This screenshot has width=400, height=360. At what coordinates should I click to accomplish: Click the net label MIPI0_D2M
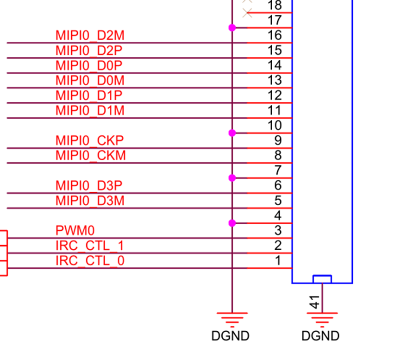pos(90,35)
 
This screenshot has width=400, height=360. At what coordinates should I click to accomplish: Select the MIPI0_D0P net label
pos(90,65)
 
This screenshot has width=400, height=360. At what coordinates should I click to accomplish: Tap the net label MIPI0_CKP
pos(90,140)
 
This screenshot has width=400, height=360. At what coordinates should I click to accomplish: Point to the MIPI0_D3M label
pos(90,201)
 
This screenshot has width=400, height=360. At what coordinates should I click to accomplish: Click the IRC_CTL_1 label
pos(90,246)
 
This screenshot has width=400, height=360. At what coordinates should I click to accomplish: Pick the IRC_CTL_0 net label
pos(90,261)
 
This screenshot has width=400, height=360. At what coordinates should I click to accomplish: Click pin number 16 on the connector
pos(275,35)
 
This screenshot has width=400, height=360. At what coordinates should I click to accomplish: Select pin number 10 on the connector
pos(275,125)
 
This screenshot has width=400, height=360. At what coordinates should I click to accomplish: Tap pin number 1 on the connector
pos(278,261)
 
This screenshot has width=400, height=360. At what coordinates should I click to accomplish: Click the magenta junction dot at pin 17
pos(232,28)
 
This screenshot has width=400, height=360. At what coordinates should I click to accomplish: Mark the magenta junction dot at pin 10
pos(232,133)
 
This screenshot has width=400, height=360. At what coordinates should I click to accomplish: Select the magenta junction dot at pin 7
pos(232,178)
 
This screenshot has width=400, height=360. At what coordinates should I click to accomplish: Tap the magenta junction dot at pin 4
pos(232,223)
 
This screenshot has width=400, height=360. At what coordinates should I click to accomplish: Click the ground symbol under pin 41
pos(322,318)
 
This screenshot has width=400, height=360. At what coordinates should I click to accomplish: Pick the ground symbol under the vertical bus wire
pos(232,318)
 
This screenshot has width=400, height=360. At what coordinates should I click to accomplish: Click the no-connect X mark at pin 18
pos(248,13)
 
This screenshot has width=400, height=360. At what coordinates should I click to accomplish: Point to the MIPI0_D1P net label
pos(90,95)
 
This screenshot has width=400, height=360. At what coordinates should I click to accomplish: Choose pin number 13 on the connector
pos(275,80)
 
